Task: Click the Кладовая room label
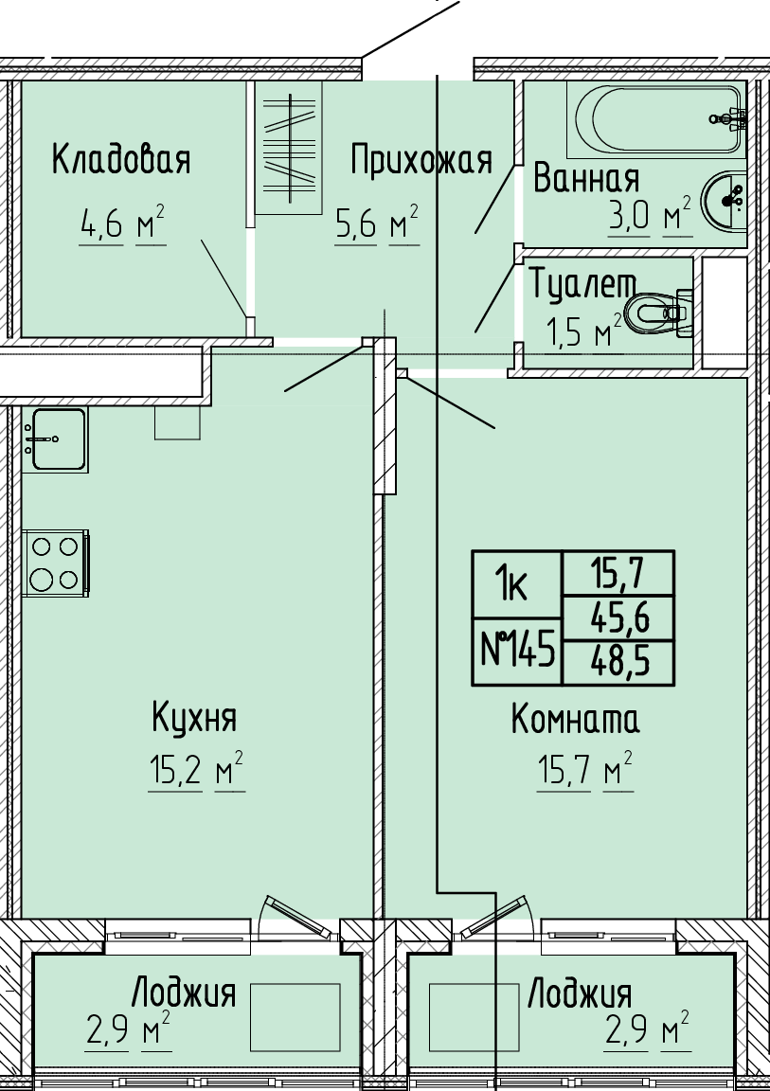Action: click(x=121, y=159)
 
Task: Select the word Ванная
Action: click(x=585, y=178)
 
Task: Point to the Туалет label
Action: click(x=582, y=284)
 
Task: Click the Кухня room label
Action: click(x=195, y=718)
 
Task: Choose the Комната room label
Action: click(x=575, y=720)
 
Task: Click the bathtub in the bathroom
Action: click(x=656, y=119)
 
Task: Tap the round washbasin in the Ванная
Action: click(x=725, y=200)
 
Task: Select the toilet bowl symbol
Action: click(x=658, y=313)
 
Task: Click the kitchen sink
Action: click(x=56, y=439)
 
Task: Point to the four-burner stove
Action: click(x=56, y=563)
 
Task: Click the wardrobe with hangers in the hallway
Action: click(x=288, y=148)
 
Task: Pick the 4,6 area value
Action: click(x=100, y=226)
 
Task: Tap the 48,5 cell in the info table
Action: click(x=619, y=662)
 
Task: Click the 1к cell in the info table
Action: click(x=517, y=584)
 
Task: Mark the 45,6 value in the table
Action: click(x=619, y=617)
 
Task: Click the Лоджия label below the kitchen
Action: click(x=185, y=993)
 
